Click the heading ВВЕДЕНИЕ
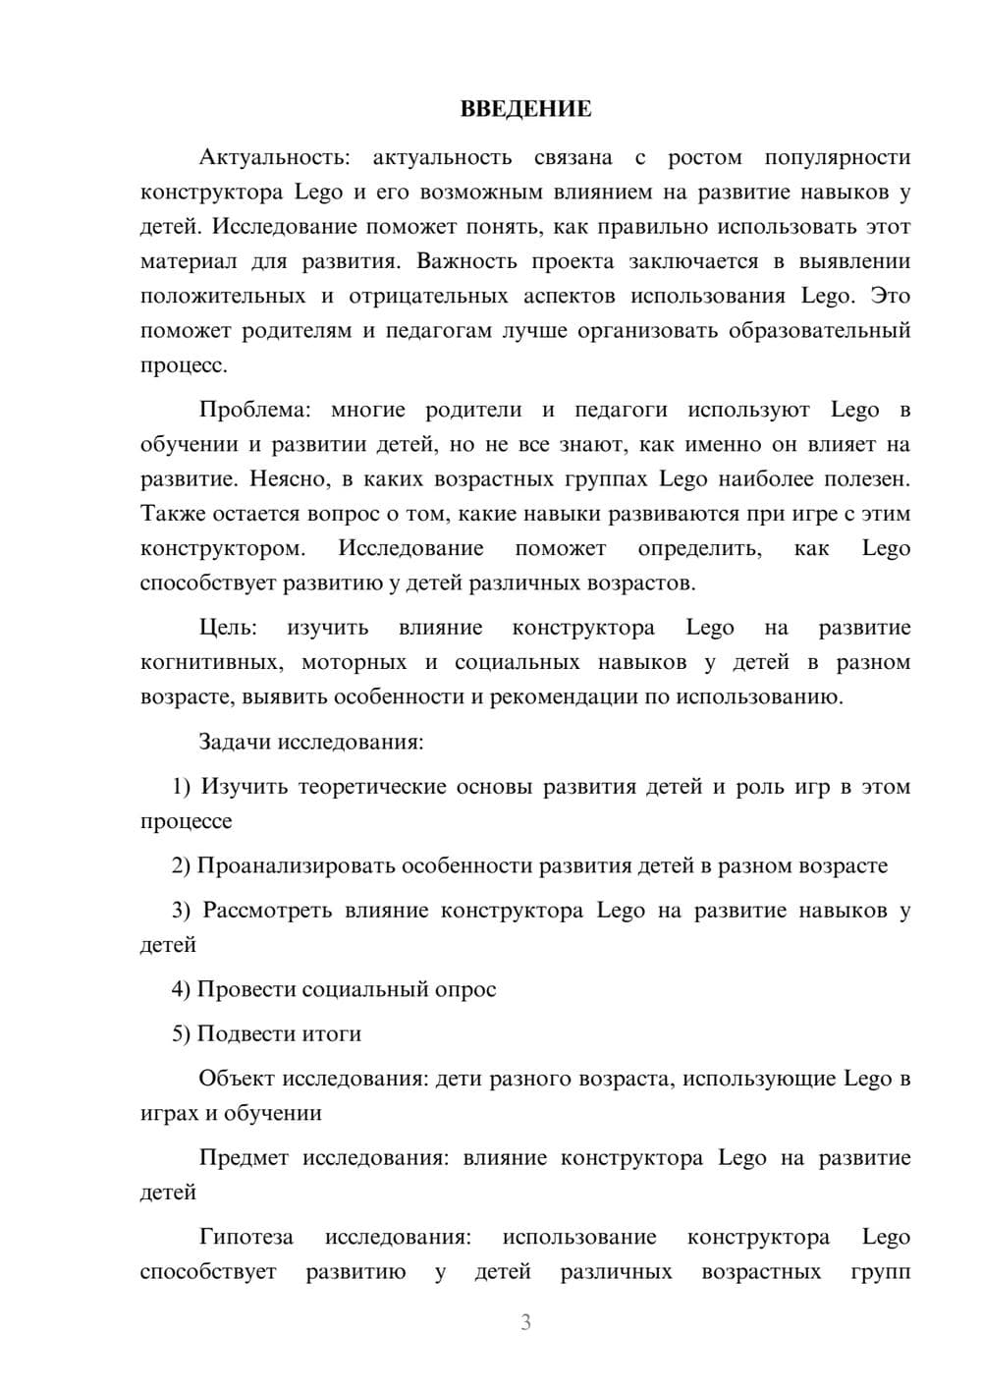click(525, 109)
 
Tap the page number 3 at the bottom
click(525, 1322)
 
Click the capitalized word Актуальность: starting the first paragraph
click(271, 157)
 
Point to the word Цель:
click(228, 628)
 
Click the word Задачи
click(235, 742)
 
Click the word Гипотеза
click(245, 1238)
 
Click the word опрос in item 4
click(464, 989)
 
